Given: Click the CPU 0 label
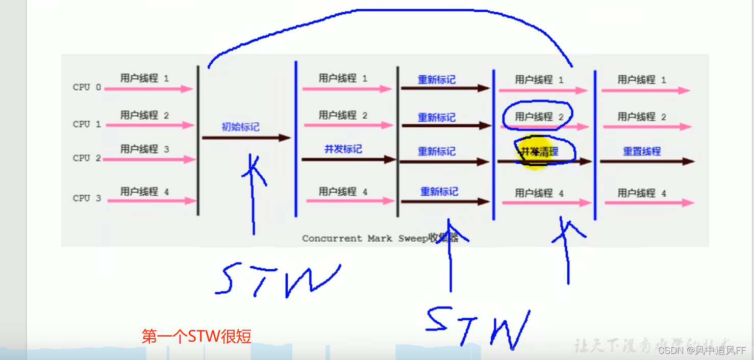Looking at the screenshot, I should (x=87, y=87).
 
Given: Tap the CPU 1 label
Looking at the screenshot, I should (x=87, y=124).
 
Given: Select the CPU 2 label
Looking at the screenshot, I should (x=87, y=158).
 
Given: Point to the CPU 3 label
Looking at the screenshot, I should (x=87, y=198).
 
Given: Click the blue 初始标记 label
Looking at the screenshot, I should (x=240, y=126).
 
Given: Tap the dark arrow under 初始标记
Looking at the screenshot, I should (x=246, y=138).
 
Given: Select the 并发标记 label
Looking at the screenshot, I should (x=343, y=149).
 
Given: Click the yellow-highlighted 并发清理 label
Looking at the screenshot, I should (x=539, y=151).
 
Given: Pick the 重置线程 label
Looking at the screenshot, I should (x=642, y=151).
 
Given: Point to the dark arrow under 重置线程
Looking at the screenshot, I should (x=647, y=162).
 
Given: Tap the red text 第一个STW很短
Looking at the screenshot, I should (x=196, y=337).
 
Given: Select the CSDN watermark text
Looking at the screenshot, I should (x=701, y=351).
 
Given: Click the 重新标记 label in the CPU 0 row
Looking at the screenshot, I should (x=437, y=80).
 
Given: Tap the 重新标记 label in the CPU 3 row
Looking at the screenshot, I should (x=439, y=192).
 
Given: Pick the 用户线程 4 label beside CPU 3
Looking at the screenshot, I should (x=144, y=192).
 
